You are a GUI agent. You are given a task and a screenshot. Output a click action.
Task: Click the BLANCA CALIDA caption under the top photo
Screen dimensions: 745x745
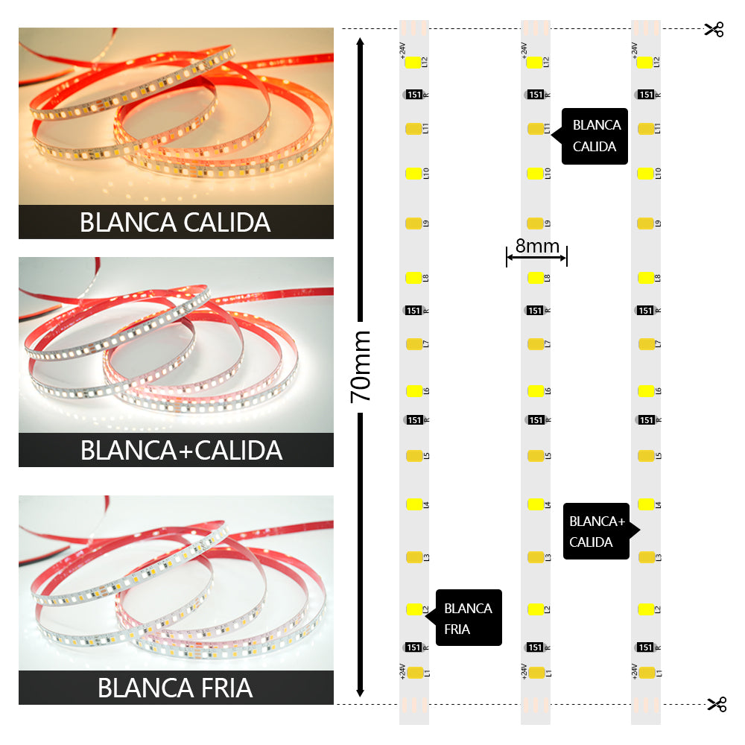[x=175, y=222]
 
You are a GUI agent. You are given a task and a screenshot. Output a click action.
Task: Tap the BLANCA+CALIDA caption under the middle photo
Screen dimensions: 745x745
[x=181, y=450]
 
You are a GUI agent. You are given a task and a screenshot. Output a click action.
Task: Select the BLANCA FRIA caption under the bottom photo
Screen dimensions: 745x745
[x=175, y=688]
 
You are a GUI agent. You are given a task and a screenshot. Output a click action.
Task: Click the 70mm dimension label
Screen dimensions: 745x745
[x=361, y=367]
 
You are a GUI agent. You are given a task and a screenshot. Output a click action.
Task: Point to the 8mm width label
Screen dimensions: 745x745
[x=536, y=246]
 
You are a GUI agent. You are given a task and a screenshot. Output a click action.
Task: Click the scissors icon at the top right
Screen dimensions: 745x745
[x=714, y=29]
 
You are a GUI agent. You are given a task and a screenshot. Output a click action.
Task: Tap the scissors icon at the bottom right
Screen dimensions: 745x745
[x=716, y=704]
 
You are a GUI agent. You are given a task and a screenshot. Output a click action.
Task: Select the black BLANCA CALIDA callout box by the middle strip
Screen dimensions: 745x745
[x=595, y=136]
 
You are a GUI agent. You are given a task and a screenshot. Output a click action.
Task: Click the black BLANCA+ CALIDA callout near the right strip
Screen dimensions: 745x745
[x=597, y=531]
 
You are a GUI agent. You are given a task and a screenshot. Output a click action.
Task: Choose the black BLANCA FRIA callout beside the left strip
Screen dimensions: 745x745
[x=469, y=618]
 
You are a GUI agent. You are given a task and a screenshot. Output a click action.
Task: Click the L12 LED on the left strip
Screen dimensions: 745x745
[x=413, y=63]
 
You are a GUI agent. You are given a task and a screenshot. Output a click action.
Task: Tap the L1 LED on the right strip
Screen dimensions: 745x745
[x=646, y=673]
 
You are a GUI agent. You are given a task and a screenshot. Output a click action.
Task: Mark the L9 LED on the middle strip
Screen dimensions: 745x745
[x=535, y=223]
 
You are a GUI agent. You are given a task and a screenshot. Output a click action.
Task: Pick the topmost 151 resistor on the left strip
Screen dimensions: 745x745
[x=414, y=95]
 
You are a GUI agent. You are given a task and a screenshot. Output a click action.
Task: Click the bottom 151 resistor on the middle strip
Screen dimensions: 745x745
[x=535, y=647]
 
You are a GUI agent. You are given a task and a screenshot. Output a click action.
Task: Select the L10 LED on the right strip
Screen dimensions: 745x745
[x=645, y=174]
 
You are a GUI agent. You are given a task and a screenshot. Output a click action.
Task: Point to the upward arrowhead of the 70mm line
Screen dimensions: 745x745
[x=361, y=43]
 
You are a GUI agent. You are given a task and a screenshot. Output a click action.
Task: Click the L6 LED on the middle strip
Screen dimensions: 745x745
[x=535, y=391]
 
